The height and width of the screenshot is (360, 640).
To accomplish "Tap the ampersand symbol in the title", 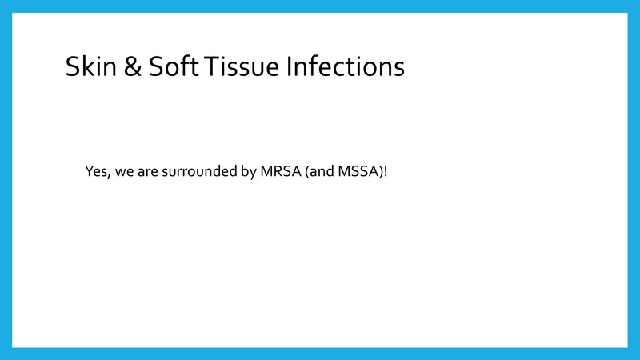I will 130,66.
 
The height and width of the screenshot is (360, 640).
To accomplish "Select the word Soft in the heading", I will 171,66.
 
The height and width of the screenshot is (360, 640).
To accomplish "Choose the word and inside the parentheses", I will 316,172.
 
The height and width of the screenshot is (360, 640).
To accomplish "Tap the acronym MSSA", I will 356,172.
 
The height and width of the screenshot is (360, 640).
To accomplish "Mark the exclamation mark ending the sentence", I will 386,172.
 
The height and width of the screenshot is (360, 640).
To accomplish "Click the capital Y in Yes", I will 89,172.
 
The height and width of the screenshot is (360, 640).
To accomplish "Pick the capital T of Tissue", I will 212,66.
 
